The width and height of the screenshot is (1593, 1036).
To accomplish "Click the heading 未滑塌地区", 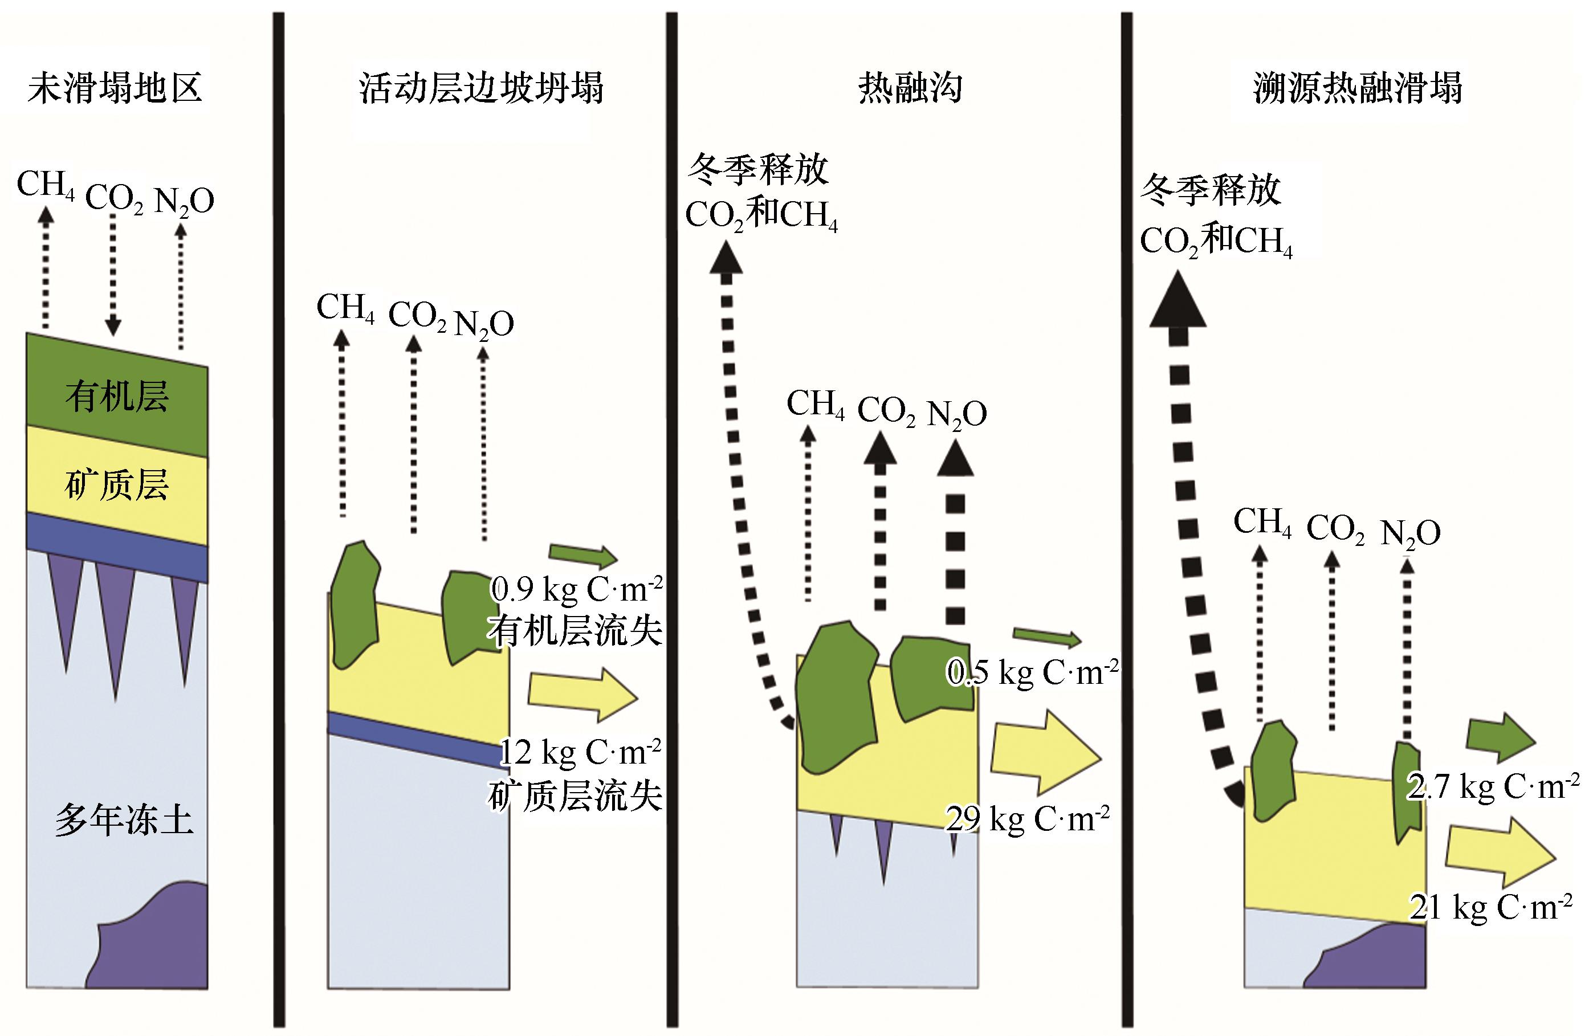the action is [x=115, y=88].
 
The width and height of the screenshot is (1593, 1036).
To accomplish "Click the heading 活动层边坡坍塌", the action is [x=481, y=88].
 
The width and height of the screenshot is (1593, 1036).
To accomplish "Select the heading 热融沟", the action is [x=910, y=88].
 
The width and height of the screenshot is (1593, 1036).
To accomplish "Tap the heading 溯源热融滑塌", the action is [x=1358, y=88].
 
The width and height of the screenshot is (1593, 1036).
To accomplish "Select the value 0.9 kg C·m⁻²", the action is [x=576, y=588].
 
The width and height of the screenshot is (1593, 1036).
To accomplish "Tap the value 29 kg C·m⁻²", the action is [x=1028, y=817].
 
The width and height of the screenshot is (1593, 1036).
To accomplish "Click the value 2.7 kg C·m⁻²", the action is [x=1493, y=786].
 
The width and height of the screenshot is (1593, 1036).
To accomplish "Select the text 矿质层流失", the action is [x=575, y=796].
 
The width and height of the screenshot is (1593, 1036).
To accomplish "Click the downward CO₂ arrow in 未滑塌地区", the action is [x=113, y=275].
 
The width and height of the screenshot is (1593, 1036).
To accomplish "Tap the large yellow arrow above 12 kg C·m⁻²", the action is [x=583, y=695].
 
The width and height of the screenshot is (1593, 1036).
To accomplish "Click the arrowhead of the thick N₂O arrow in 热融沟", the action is [x=955, y=459].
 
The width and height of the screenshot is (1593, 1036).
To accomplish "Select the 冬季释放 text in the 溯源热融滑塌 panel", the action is [x=1211, y=190].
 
